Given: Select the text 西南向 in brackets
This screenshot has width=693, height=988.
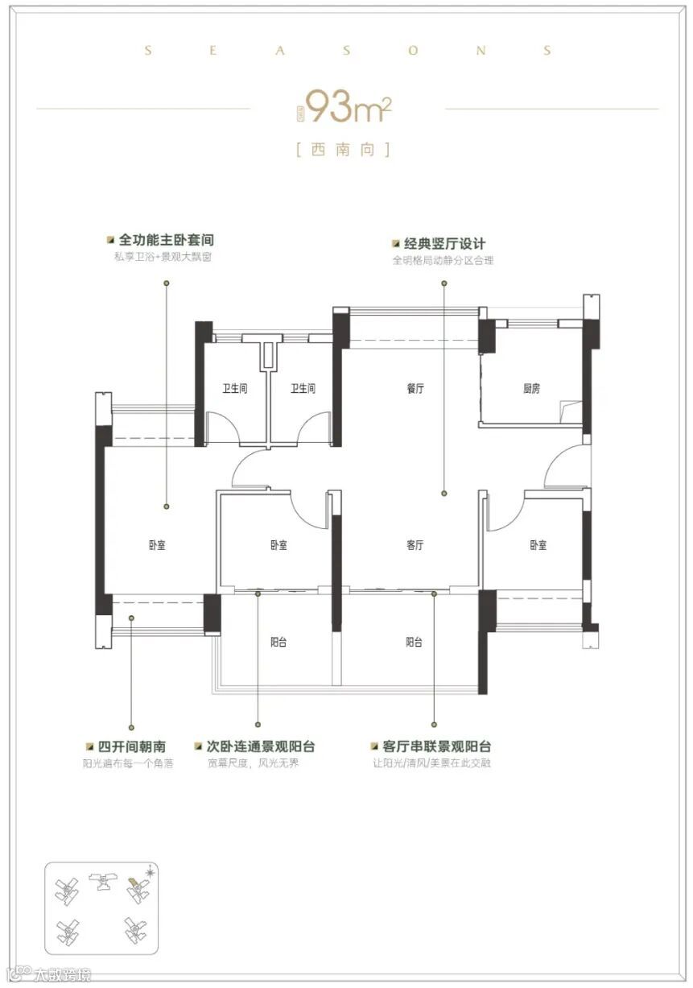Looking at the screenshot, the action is (344, 150).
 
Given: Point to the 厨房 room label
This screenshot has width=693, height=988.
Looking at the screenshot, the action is (531, 389).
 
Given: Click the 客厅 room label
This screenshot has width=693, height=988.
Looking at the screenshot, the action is (415, 545).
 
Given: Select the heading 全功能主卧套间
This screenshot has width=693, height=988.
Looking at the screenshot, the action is (166, 241).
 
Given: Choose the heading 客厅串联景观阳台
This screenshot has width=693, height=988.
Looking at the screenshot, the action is (437, 746).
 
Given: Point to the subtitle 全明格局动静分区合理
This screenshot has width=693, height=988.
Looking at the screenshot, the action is (443, 260).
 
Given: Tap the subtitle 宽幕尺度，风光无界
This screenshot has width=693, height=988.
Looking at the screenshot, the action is (253, 763).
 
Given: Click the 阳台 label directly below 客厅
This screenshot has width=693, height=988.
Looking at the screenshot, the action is (415, 643).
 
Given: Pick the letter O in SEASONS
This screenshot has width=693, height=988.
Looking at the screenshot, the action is (414, 51).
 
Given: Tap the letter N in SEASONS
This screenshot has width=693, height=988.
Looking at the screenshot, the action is (481, 51).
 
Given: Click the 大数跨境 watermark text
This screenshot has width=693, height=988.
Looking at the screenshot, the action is (62, 976).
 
